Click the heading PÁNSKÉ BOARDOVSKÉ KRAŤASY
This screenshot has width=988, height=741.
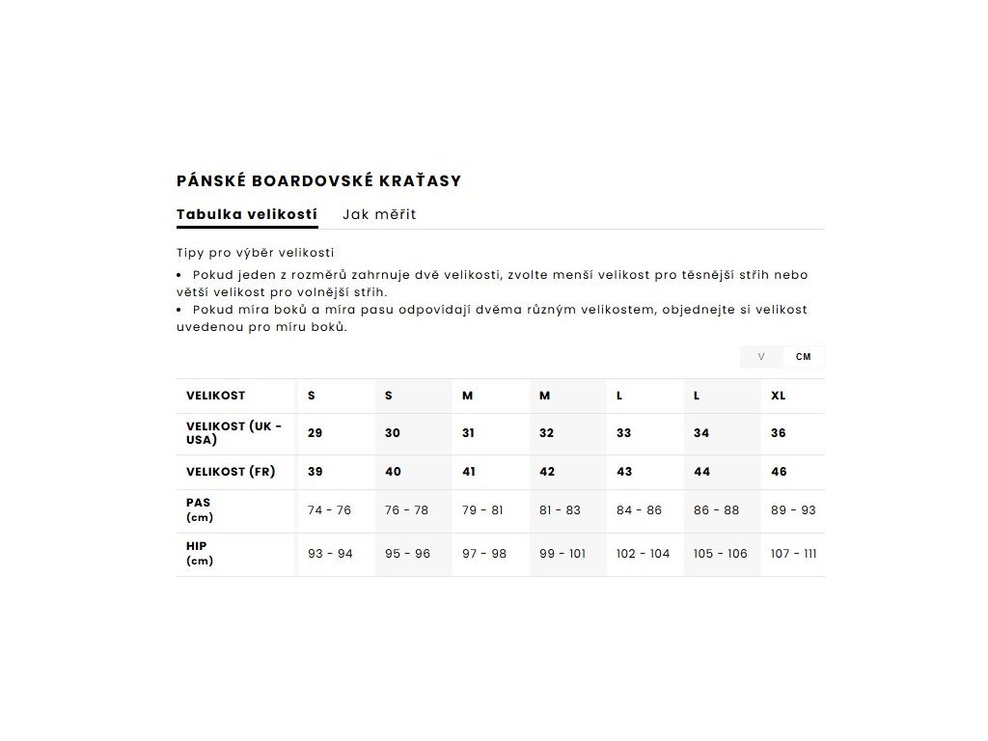click(x=318, y=180)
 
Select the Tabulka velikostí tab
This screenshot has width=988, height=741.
click(x=247, y=214)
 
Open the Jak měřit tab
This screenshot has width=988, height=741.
click(x=379, y=214)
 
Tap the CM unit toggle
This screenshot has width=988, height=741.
click(x=803, y=357)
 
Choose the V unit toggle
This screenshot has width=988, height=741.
click(x=761, y=357)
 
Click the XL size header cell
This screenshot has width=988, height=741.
click(x=779, y=396)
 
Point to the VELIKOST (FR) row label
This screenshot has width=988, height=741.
click(x=231, y=472)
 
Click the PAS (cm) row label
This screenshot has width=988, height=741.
click(x=200, y=509)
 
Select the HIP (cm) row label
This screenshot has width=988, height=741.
click(x=200, y=553)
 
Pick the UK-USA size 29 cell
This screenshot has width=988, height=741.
click(x=316, y=433)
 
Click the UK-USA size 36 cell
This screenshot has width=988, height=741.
click(x=779, y=433)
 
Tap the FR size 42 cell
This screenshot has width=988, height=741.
click(x=547, y=472)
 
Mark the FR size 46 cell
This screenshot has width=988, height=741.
click(x=779, y=472)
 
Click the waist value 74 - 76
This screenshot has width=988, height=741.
click(x=329, y=510)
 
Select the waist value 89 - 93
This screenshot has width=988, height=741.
click(x=793, y=510)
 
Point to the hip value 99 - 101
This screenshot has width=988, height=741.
click(x=563, y=554)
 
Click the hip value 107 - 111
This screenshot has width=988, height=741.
click(x=794, y=554)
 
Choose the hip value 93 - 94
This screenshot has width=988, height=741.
click(x=330, y=554)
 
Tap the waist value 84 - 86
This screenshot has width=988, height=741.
click(x=639, y=510)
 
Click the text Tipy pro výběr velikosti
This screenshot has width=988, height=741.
click(x=255, y=253)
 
